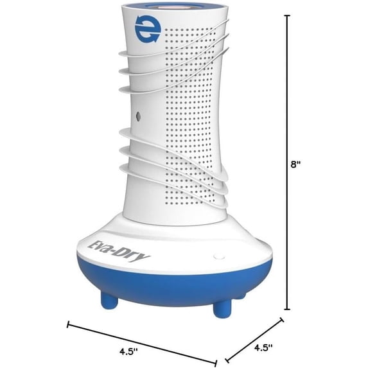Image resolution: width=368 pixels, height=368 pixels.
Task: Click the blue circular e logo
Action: [148, 30]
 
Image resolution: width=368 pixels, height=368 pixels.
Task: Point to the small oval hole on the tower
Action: [138, 116]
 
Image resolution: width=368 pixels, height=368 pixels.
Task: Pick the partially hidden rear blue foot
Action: [241, 296]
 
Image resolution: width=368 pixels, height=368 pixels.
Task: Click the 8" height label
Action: [295, 164]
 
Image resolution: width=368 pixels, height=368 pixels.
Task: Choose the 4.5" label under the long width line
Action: [128, 351]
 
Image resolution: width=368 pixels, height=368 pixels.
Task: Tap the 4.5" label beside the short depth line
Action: [263, 347]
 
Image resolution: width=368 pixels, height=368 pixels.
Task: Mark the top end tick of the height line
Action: [287, 15]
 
